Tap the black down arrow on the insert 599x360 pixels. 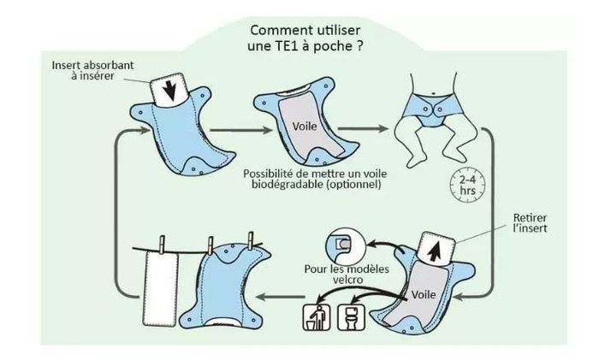pyautogui.click(x=169, y=88)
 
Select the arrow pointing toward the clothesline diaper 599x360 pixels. pyautogui.click(x=282, y=297)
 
